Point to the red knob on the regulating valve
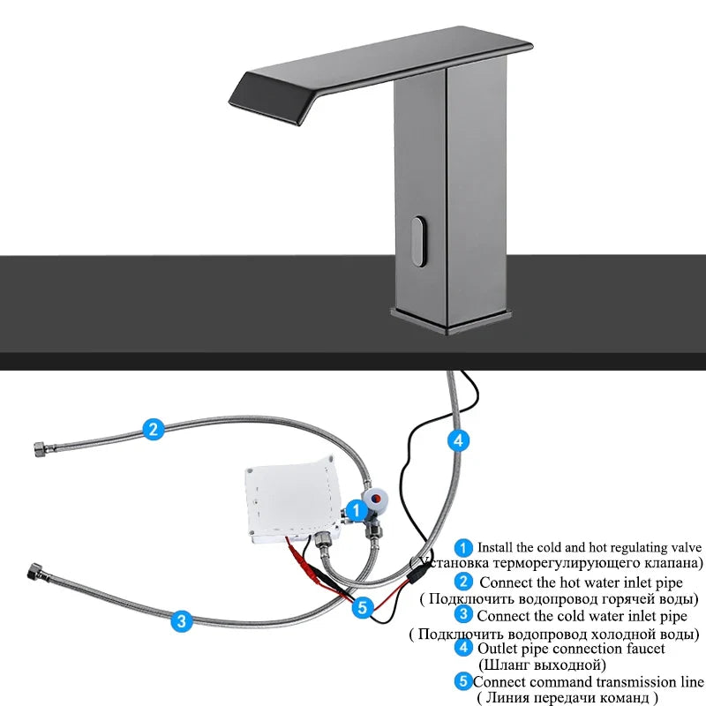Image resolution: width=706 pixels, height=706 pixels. click(x=378, y=499)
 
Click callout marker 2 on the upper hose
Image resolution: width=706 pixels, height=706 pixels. click(x=154, y=430)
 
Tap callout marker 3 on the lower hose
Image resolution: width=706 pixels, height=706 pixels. click(x=181, y=620)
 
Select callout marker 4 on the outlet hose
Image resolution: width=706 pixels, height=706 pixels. click(x=456, y=439)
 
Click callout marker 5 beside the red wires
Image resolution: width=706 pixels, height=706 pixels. click(x=362, y=606)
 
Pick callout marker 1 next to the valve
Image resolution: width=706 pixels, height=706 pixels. click(x=356, y=509)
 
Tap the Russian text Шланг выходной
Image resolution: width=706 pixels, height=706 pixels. click(x=541, y=665)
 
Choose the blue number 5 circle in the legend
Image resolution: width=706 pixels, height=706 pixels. click(x=463, y=681)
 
